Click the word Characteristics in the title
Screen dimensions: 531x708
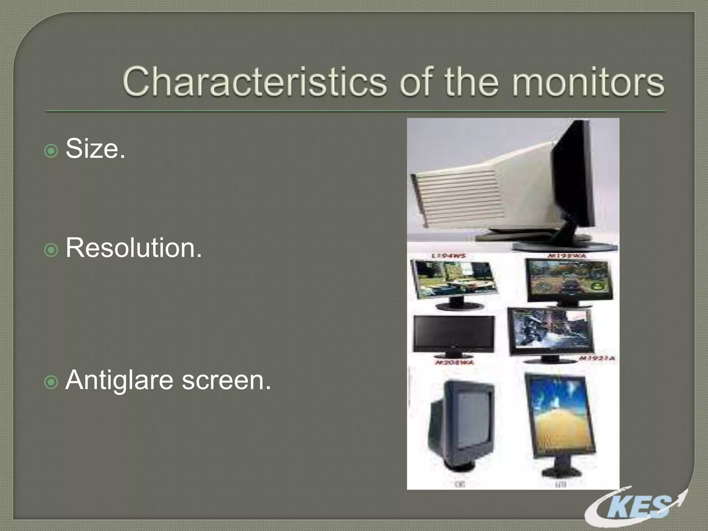(x=254, y=82)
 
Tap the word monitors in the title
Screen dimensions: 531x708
(x=588, y=82)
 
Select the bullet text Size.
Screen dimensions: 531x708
(x=95, y=149)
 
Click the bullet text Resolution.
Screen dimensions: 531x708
(x=133, y=248)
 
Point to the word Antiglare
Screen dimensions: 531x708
(x=119, y=380)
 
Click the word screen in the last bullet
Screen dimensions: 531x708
(x=226, y=380)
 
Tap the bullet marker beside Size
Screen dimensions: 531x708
(x=51, y=151)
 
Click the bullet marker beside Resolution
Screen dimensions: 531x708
(x=51, y=250)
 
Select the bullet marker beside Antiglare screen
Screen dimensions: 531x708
(x=51, y=383)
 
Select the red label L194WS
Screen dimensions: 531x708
(x=448, y=256)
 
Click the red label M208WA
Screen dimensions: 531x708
(x=454, y=362)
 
